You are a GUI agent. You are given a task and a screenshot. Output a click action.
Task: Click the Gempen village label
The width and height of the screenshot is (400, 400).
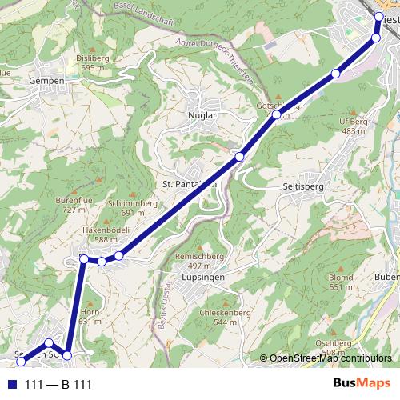pos(46,81)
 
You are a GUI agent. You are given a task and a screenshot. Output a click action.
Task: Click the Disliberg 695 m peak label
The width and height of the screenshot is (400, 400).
pos(93,63)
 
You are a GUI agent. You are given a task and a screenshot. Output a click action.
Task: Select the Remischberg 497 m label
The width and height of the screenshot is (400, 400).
pos(198,260)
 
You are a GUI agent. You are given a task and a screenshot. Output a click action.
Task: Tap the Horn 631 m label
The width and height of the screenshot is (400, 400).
pos(90,316)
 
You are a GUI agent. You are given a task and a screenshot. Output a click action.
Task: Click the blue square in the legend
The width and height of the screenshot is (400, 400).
pos(10,385)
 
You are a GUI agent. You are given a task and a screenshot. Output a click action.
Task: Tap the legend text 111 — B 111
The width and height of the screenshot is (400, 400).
pos(58,385)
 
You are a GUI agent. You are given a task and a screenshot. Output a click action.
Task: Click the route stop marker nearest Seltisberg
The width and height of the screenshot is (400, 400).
pos(238,157)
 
